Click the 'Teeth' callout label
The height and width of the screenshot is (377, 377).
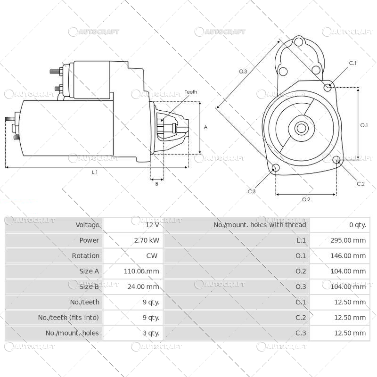(x=191, y=92)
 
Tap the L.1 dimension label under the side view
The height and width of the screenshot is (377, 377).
(x=95, y=172)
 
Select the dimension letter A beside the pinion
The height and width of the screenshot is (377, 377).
(x=205, y=127)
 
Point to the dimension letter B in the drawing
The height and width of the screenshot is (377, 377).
(x=156, y=184)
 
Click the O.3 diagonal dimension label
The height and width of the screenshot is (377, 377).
(x=243, y=71)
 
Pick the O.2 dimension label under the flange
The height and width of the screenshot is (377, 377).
(x=306, y=199)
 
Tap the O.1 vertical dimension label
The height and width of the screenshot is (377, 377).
(x=364, y=125)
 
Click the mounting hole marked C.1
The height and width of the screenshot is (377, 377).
(x=328, y=87)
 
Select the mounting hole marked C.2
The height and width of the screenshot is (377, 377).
(x=336, y=160)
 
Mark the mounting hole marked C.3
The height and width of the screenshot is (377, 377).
(x=276, y=169)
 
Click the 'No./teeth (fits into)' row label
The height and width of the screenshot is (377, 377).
(x=69, y=318)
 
